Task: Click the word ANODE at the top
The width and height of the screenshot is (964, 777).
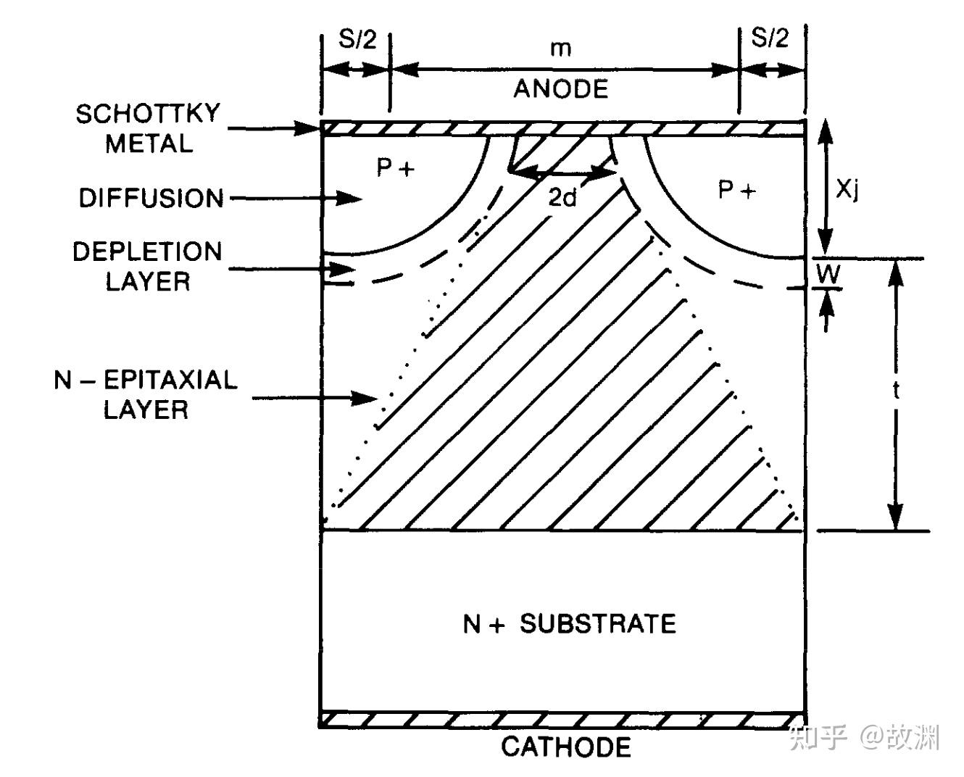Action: pyautogui.click(x=561, y=88)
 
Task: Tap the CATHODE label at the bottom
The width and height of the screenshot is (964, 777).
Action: pyautogui.click(x=566, y=747)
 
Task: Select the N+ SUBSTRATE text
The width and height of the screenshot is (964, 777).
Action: pyautogui.click(x=570, y=624)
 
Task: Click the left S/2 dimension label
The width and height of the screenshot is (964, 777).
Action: pyautogui.click(x=357, y=38)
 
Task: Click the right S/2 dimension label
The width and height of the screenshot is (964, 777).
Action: pyautogui.click(x=770, y=37)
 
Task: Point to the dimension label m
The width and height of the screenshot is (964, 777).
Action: pyautogui.click(x=561, y=49)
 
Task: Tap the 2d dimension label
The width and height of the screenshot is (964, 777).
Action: pyautogui.click(x=562, y=196)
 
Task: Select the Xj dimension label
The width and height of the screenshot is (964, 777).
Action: pyautogui.click(x=847, y=191)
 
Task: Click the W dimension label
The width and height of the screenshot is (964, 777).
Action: pyautogui.click(x=828, y=274)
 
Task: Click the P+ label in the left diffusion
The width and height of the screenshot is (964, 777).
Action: pyautogui.click(x=396, y=168)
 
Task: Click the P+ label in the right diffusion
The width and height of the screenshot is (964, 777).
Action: pyautogui.click(x=737, y=190)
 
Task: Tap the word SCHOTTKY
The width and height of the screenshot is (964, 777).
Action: pyautogui.click(x=148, y=114)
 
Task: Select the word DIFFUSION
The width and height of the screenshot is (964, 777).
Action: pyautogui.click(x=151, y=198)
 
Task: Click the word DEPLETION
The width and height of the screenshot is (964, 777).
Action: pyautogui.click(x=147, y=252)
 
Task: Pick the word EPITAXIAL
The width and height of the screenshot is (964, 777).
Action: pyautogui.click(x=170, y=380)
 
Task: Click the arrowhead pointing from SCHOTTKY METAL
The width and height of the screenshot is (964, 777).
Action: pyautogui.click(x=307, y=128)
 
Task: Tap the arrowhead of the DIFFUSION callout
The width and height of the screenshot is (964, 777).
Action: pyautogui.click(x=349, y=198)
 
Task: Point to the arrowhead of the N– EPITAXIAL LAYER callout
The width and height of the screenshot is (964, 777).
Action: pyautogui.click(x=365, y=398)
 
